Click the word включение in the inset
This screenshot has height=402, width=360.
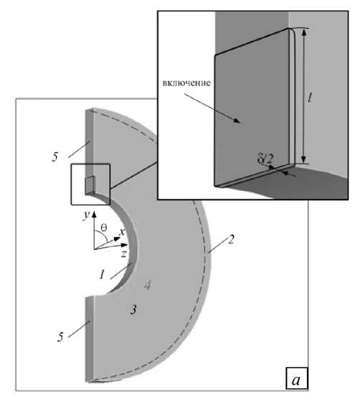point(186,83)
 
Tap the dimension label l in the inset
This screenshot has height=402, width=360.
point(310,98)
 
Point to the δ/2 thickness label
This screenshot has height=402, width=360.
point(265,159)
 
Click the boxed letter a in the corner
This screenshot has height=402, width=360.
point(296,380)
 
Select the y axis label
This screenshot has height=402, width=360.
point(86,215)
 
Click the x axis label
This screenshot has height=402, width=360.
point(122,232)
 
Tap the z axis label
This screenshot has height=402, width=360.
point(124,254)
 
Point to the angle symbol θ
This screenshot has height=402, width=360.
point(103,228)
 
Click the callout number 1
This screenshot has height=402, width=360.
point(102,274)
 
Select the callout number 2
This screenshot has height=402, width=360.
point(231,240)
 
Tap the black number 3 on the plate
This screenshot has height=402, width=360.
point(133,310)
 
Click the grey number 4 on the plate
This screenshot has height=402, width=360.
point(147,285)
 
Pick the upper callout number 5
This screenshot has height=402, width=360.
point(55,156)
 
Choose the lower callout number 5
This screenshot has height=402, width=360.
point(60,337)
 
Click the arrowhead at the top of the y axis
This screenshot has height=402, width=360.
point(94,215)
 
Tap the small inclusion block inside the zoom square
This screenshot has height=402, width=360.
point(90,185)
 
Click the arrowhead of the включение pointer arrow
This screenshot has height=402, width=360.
point(237,121)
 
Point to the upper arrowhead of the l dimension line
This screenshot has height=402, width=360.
point(304,32)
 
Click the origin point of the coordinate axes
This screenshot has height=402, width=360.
point(94,249)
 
